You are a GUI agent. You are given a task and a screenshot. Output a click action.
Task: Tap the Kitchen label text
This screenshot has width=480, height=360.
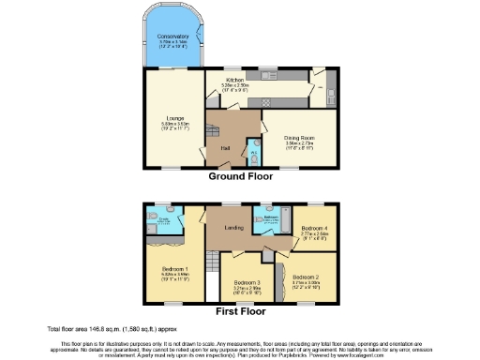coord(232,81)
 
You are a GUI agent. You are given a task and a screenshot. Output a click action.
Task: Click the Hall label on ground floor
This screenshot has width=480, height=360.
coord(225,147)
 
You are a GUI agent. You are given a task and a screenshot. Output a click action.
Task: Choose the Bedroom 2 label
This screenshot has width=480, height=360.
coord(306,277)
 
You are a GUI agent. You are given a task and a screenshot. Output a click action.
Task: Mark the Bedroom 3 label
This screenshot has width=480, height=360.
coord(247,282)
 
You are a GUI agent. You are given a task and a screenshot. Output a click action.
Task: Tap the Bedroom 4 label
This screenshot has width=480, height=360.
coord(313,228)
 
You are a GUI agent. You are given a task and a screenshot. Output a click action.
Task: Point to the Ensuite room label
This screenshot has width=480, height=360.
coord(165,221)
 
